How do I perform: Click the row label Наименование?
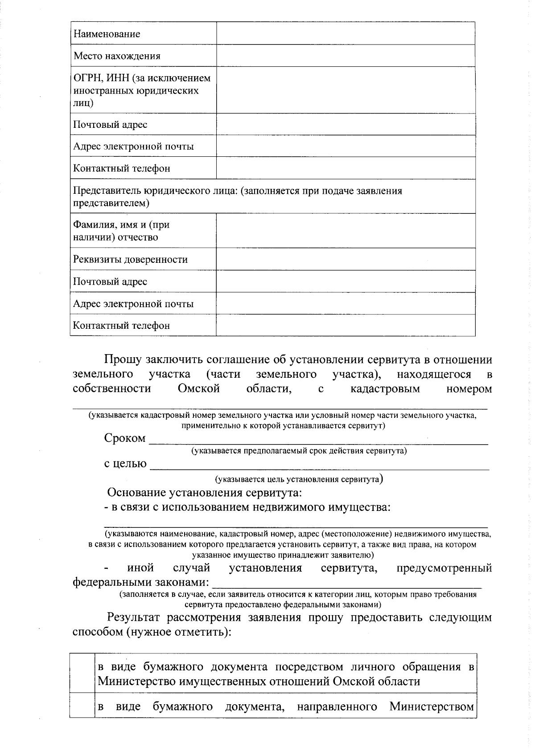(107, 34)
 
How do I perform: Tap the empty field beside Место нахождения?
(346, 56)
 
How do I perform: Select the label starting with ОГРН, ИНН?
(142, 90)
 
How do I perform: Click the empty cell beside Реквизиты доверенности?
(346, 259)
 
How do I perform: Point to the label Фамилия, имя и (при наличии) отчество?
(121, 231)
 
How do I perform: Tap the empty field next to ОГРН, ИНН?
(346, 90)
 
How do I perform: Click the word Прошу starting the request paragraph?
(123, 359)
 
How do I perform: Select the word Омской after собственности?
(199, 389)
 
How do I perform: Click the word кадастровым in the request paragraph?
(385, 389)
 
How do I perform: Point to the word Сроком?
(125, 438)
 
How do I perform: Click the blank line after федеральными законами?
(346, 584)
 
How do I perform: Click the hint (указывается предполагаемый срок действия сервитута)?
(299, 451)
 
